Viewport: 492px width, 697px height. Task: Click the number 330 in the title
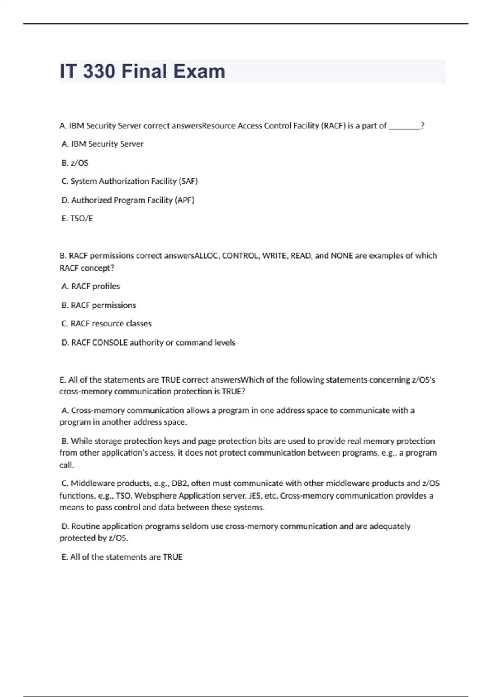(x=99, y=71)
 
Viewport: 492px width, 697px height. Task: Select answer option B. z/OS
(x=75, y=163)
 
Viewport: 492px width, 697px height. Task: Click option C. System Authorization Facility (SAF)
(x=130, y=181)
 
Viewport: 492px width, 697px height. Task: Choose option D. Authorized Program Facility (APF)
(x=128, y=200)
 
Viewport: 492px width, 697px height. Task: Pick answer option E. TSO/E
(x=77, y=219)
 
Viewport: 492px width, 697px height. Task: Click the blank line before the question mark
(x=404, y=126)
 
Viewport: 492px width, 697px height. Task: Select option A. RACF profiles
(x=91, y=286)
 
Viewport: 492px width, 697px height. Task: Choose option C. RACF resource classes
(x=107, y=323)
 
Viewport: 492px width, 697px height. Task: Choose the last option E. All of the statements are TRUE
(x=122, y=557)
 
